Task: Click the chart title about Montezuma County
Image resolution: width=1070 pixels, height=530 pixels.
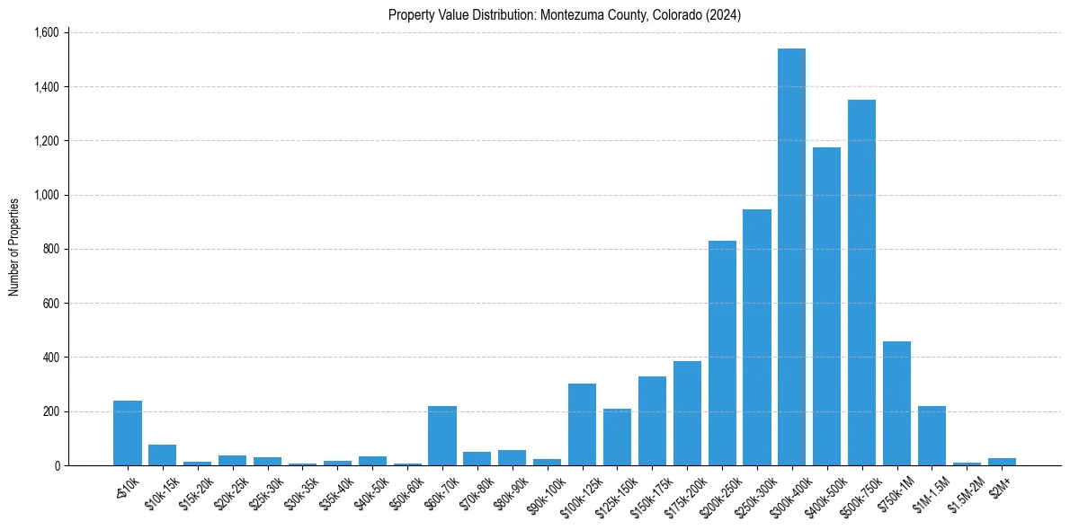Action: click(x=565, y=15)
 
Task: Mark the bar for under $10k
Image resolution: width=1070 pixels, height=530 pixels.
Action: click(x=128, y=433)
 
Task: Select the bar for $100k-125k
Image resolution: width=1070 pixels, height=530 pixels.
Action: click(x=582, y=424)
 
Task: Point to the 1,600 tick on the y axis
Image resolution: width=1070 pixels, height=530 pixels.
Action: click(x=46, y=33)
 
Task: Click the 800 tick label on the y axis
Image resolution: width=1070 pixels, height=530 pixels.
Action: click(x=50, y=250)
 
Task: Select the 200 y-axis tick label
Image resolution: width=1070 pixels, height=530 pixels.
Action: click(x=50, y=411)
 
